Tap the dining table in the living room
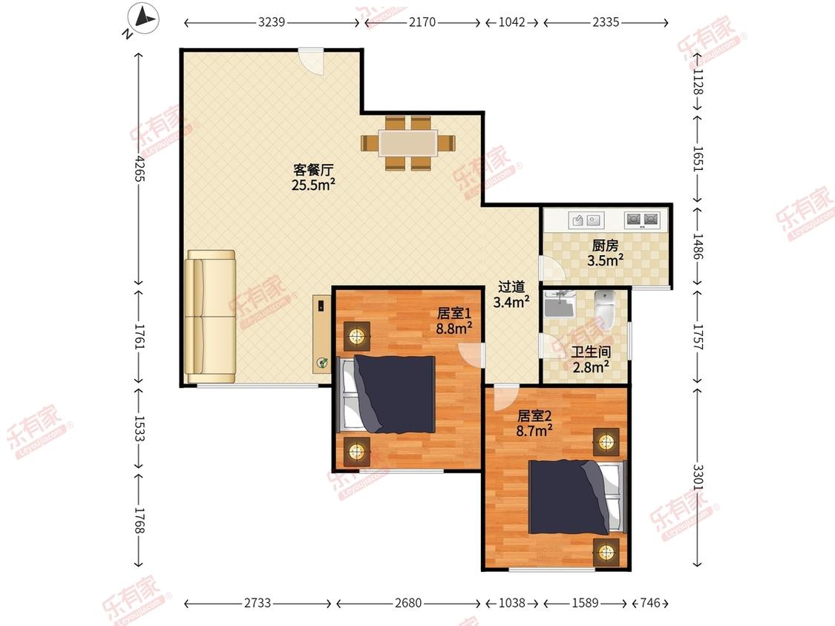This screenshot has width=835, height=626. (x=408, y=143)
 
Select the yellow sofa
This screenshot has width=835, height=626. (x=210, y=317)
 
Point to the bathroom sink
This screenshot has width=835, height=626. (x=558, y=303)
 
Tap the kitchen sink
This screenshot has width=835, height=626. (x=586, y=220)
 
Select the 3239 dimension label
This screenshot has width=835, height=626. (x=272, y=22)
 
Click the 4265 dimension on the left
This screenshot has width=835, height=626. (x=140, y=168)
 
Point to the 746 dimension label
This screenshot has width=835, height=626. (x=649, y=603)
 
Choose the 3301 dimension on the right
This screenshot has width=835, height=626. (x=698, y=477)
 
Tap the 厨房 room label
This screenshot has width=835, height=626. (x=606, y=246)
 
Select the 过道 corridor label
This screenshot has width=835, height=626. (x=511, y=287)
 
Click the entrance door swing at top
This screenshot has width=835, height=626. (x=311, y=62)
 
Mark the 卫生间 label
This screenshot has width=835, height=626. (x=591, y=352)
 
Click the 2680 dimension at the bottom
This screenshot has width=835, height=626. (x=408, y=603)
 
